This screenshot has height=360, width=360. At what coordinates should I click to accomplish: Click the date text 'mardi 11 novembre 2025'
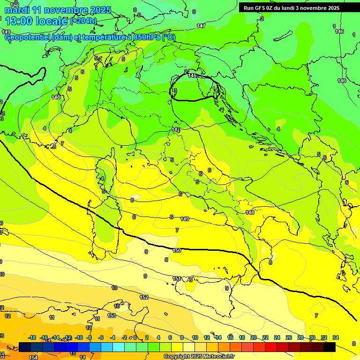tap(58, 10)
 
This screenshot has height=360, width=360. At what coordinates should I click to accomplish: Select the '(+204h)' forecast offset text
tap(83, 21)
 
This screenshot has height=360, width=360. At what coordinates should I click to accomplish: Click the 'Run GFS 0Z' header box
tap(292, 8)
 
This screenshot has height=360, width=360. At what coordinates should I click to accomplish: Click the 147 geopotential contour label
tap(201, 26)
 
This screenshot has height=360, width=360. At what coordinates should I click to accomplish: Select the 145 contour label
tap(192, 75)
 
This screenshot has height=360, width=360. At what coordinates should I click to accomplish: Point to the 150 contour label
tap(177, 251)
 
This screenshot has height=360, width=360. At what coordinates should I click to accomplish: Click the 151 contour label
tap(177, 278)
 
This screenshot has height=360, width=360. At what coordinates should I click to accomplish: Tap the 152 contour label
tap(144, 297)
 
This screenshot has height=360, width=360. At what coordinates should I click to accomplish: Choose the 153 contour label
tap(112, 315)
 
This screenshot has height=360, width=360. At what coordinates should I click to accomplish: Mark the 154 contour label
tap(33, 358)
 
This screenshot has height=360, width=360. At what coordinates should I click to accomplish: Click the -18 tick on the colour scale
tap(32, 337)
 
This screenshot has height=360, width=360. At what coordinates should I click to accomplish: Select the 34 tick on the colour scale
tap(336, 337)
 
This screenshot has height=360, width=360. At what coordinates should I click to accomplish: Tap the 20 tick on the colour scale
tap(254, 337)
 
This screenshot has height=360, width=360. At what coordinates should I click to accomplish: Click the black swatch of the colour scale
tap(330, 347)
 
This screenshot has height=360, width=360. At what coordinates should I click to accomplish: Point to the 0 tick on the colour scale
tap(135, 337)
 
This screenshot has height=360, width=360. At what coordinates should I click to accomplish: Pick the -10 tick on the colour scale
tap(79, 337)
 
